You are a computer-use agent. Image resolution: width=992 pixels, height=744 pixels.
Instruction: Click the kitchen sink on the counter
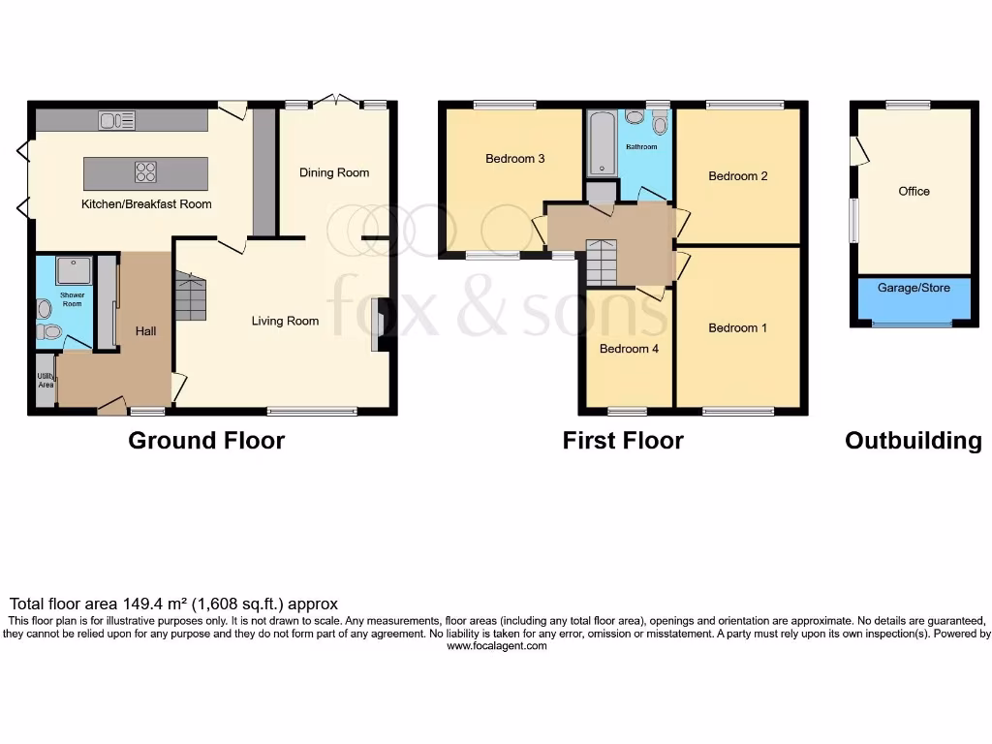coord(117,120)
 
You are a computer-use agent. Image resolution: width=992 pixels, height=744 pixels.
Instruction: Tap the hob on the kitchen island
coord(145,172)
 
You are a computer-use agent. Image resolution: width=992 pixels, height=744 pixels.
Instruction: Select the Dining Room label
coord(334,172)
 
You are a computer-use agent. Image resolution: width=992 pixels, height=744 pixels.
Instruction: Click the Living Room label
coord(285,321)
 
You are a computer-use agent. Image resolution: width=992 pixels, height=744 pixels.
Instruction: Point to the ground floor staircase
coord(191,296)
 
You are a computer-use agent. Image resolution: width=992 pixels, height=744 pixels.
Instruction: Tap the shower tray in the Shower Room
coord(75,269)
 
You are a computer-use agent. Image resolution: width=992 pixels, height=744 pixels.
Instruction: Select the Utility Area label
coord(45,380)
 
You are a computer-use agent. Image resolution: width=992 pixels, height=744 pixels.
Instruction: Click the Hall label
coord(145,331)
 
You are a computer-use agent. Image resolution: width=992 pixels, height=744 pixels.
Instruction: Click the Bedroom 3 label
coord(514,158)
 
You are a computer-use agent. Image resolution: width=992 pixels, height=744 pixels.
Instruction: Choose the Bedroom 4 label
coord(629,349)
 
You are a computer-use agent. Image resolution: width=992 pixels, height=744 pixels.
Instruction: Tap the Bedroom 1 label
coord(737,327)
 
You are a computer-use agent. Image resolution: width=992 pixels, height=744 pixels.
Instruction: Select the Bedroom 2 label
coord(737,176)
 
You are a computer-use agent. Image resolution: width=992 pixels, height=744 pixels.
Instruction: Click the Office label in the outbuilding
coord(914,191)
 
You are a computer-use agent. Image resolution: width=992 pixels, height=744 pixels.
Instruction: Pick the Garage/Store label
coord(914,288)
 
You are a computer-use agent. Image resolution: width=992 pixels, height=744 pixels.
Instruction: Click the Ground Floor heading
coord(206,441)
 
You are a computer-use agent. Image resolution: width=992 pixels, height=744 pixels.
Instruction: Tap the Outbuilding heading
coord(913,441)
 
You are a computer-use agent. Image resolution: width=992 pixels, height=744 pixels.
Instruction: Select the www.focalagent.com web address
coord(496,646)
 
